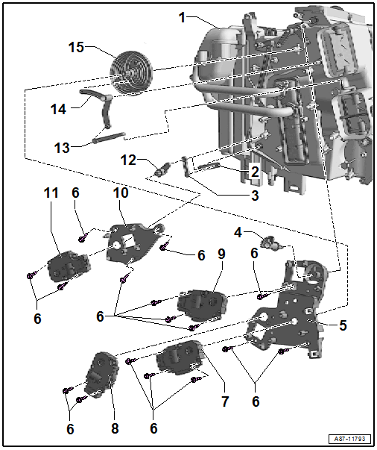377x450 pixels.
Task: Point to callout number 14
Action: pos(57,109)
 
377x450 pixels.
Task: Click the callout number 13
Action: pos(62,148)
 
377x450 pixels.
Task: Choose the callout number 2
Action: pos(254,172)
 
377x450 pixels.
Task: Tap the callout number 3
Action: pos(255,196)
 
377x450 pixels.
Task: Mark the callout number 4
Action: pos(238,232)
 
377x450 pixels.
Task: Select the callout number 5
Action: pos(343,325)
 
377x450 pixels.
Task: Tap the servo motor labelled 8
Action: pos(100,373)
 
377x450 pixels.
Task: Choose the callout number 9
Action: pos(221,254)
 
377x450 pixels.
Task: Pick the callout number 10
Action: pos(121,193)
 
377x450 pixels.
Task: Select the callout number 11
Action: pos(50,193)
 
